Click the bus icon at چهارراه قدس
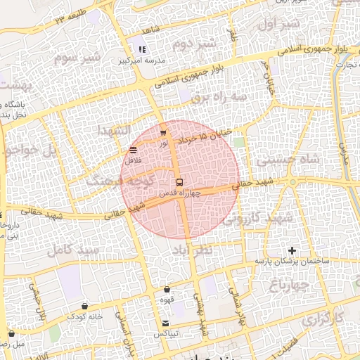(x=180, y=182)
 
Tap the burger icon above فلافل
(x=134, y=150)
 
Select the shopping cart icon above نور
(x=163, y=132)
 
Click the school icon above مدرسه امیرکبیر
(x=141, y=49)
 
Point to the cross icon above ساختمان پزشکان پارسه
(x=292, y=250)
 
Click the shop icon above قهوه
(x=167, y=289)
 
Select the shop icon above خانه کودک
(x=85, y=306)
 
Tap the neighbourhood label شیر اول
(x=279, y=25)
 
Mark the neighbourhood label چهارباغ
(x=289, y=285)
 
